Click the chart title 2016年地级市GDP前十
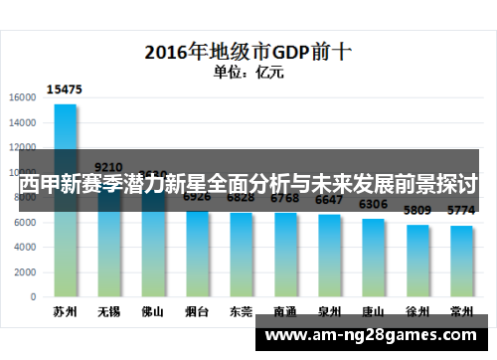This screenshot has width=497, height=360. point(248,51)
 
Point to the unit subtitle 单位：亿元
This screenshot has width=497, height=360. point(248,71)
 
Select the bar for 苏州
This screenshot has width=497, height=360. point(65,199)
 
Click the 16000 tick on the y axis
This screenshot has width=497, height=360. point(23,96)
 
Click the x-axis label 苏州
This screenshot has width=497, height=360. point(65,311)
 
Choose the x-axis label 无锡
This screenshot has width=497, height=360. point(108,311)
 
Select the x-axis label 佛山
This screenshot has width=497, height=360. point(153,311)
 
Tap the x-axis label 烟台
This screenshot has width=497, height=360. point(197,311)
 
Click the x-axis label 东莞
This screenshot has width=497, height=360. point(242,311)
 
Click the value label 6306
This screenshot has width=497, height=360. point(374,205)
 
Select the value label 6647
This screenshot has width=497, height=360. point(329,200)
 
